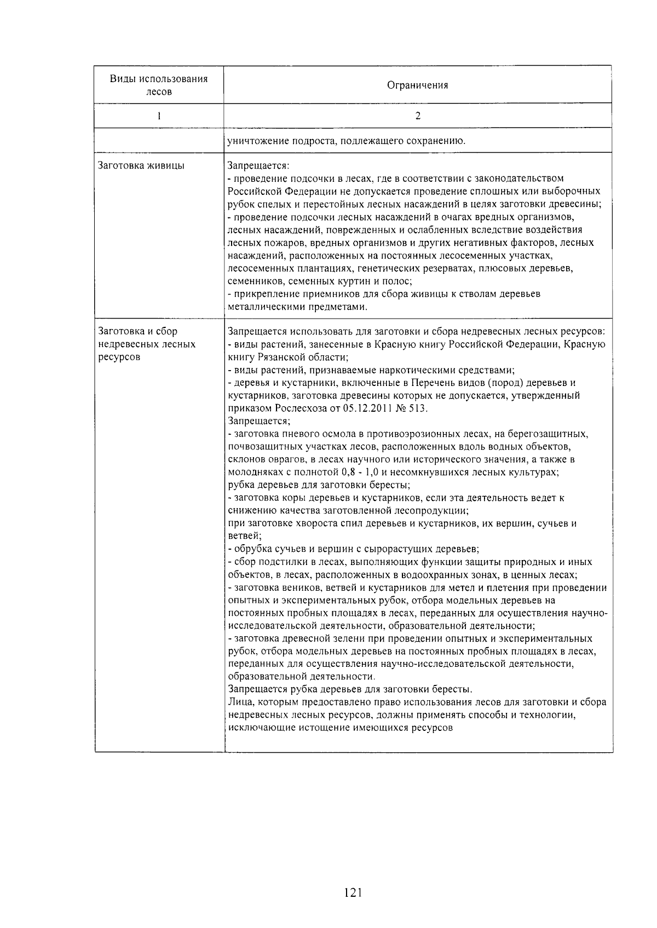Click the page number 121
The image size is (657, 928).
coord(353,893)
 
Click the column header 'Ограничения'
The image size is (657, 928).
coord(417,85)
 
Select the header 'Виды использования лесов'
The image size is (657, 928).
coord(159,85)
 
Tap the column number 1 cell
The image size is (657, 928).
coord(159,116)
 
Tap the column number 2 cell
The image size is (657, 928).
coord(418,116)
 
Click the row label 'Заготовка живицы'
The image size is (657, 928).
coord(141,165)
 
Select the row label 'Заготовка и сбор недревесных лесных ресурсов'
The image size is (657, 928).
coord(146,344)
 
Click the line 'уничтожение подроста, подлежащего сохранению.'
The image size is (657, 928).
coord(346,141)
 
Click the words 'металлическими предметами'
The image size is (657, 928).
coord(296,307)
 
